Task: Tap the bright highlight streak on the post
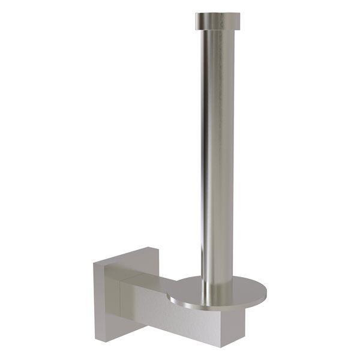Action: [208, 150]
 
